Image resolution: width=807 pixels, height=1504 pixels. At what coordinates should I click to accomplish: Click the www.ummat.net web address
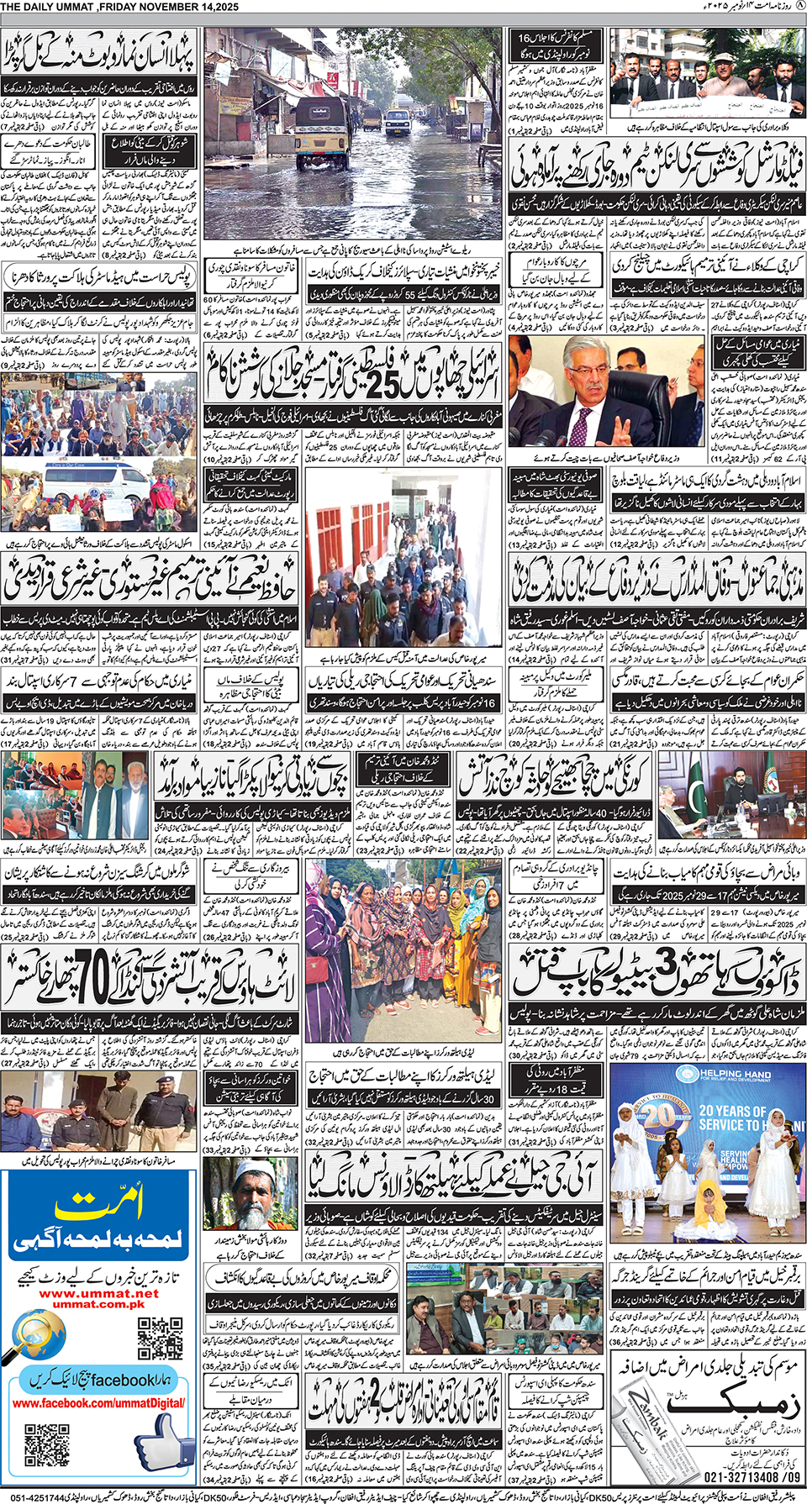(99, 1293)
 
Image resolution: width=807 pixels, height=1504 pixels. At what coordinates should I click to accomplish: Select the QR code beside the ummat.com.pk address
(160, 1337)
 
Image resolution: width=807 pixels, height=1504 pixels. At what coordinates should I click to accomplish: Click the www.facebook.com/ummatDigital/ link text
(98, 1403)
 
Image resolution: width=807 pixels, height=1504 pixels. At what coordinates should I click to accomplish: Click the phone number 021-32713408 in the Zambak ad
(740, 1475)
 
